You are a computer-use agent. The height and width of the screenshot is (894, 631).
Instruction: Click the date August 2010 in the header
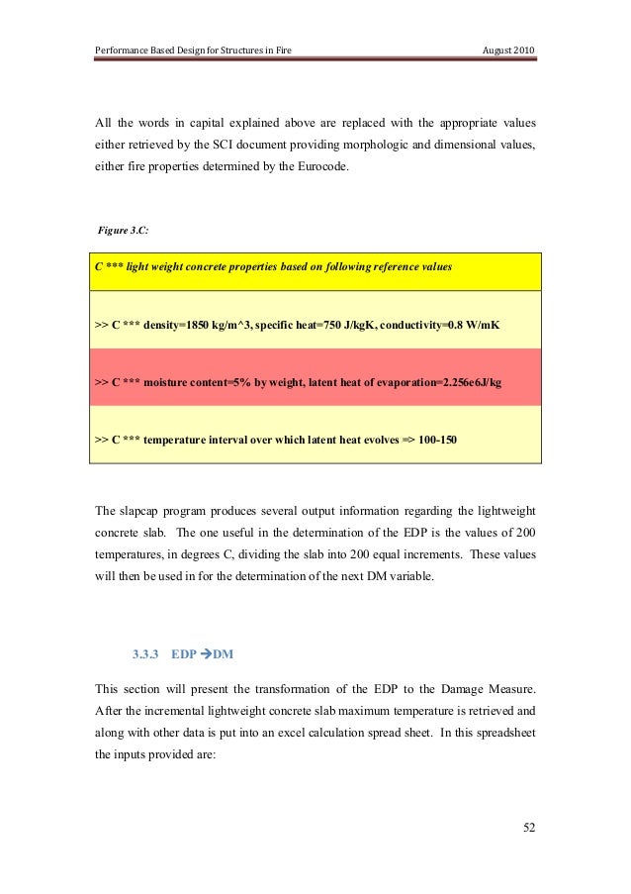pyautogui.click(x=508, y=50)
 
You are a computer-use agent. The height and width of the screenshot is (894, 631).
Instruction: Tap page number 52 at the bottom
pyautogui.click(x=528, y=828)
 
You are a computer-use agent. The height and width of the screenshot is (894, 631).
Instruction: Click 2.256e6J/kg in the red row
pyautogui.click(x=456, y=380)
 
